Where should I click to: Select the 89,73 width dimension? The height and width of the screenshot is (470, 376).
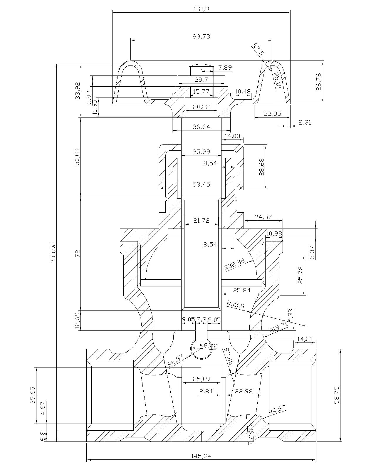pyautogui.click(x=201, y=36)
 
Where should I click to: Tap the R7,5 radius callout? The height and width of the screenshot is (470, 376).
pyautogui.click(x=258, y=49)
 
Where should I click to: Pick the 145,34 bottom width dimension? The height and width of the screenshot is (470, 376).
pyautogui.click(x=201, y=456)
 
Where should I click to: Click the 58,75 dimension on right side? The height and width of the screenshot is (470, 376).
pyautogui.click(x=337, y=395)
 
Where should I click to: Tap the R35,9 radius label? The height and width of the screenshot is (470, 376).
pyautogui.click(x=236, y=304)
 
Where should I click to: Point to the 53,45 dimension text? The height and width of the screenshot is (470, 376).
pyautogui.click(x=201, y=184)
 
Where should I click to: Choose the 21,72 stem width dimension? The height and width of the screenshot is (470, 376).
pyautogui.click(x=201, y=220)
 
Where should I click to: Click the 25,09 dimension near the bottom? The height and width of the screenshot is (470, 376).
pyautogui.click(x=201, y=379)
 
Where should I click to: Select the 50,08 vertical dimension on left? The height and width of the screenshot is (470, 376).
pyautogui.click(x=77, y=157)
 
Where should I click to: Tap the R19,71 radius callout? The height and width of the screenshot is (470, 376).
pyautogui.click(x=279, y=327)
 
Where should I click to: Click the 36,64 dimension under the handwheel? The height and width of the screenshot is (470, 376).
pyautogui.click(x=201, y=127)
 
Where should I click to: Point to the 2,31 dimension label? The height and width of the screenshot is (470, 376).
pyautogui.click(x=305, y=122)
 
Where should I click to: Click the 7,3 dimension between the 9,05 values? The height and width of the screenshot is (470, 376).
pyautogui.click(x=201, y=319)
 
